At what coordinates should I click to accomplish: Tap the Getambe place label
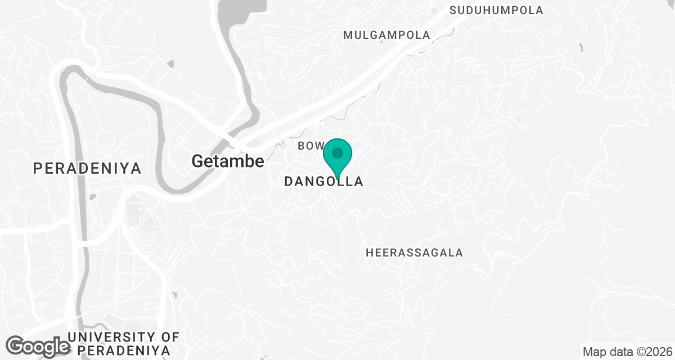tap(228, 161)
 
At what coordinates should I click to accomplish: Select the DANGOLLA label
tap(323, 182)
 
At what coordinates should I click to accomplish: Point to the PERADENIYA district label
tap(87, 168)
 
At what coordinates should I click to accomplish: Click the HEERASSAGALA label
tap(415, 253)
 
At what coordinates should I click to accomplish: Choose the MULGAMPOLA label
tap(386, 35)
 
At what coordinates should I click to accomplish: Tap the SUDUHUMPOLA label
tap(497, 10)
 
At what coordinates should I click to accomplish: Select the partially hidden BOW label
tap(308, 146)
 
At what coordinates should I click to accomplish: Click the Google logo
tap(38, 346)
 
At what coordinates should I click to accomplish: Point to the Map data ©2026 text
tap(628, 352)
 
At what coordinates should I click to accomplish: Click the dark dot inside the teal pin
tap(337, 152)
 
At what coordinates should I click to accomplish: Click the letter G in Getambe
tap(197, 161)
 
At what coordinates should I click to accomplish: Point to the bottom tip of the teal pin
tap(337, 178)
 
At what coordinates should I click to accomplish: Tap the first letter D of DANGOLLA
tap(289, 182)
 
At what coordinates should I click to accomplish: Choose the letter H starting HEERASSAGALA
tap(370, 253)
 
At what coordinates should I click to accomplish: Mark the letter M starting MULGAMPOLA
tap(348, 35)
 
